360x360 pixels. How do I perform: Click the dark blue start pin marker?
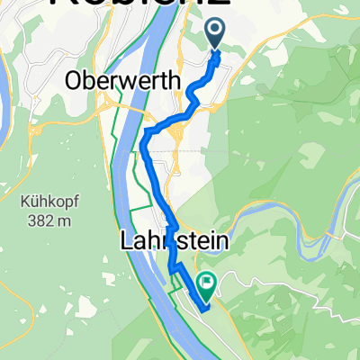tap(217, 34)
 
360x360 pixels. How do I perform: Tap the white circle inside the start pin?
tap(217, 31)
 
